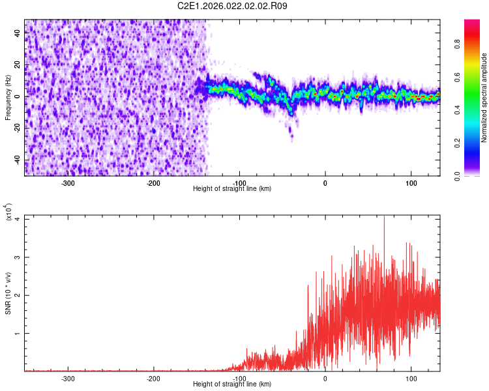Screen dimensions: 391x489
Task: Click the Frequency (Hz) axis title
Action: point(8,97)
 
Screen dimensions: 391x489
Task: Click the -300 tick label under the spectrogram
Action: point(68,183)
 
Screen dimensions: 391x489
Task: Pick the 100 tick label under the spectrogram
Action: point(411,183)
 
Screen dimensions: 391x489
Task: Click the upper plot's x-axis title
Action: point(232,188)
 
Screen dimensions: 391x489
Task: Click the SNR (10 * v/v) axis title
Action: point(8,293)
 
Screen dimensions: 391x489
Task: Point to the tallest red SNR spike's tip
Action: point(384,216)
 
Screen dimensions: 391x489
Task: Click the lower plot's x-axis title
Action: point(232,384)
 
